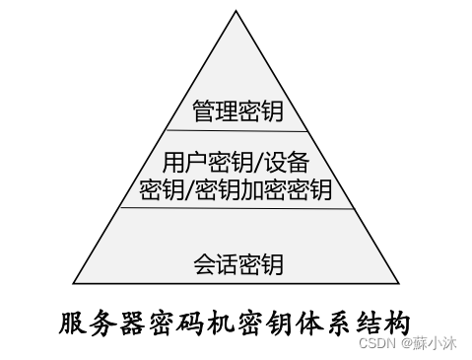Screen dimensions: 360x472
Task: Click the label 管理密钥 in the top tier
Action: coord(237,110)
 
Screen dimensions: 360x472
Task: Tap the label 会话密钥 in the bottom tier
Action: coord(237,263)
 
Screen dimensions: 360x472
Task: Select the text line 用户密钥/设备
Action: coord(236,161)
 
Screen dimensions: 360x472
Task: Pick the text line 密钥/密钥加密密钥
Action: coord(236,187)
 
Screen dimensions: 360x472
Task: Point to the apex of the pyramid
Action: coord(237,11)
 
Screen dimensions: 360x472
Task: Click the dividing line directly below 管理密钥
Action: coord(237,130)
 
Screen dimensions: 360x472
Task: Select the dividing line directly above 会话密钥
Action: coord(237,208)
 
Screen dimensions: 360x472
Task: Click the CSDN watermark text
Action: coord(375,344)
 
